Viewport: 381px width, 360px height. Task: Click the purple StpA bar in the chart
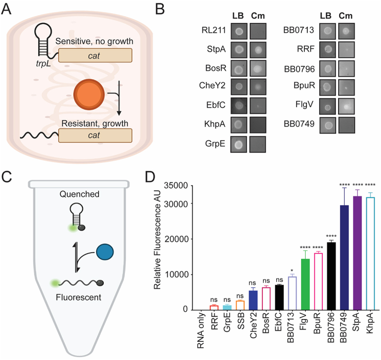[x=357, y=253]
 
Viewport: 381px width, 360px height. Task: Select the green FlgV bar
[x=305, y=284]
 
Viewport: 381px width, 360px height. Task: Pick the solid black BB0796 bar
[x=331, y=276]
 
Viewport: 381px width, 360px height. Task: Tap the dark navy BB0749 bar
[x=344, y=257]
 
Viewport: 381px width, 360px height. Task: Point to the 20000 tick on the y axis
[x=190, y=239]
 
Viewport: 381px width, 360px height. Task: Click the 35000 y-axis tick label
[x=176, y=186]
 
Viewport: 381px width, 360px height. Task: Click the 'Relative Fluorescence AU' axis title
[x=158, y=240]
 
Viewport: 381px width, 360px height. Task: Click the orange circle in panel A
[x=89, y=94]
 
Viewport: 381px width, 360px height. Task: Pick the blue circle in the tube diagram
[x=105, y=252]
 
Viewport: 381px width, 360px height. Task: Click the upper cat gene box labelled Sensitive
[x=95, y=55]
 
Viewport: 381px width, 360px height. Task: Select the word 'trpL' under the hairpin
[x=43, y=63]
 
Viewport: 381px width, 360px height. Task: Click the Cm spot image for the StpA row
[x=258, y=50]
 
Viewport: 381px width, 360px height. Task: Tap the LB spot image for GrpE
[x=239, y=144]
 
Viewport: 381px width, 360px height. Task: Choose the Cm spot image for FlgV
[x=346, y=106]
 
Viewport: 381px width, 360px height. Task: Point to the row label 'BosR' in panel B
[x=216, y=68]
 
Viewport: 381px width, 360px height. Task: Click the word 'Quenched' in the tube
[x=80, y=194]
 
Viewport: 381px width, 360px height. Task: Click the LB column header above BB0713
[x=326, y=16]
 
